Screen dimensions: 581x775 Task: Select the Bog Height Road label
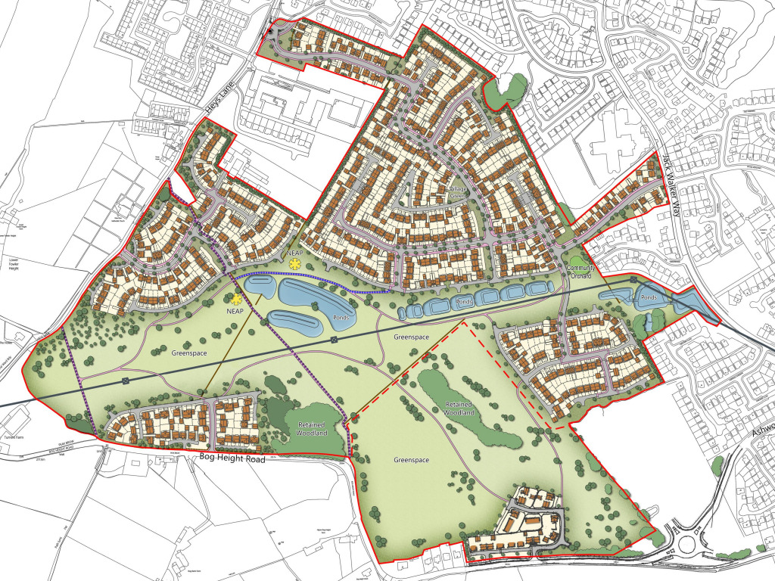(229, 458)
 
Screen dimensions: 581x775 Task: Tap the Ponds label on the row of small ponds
(463, 301)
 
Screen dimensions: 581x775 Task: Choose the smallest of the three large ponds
(256, 288)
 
